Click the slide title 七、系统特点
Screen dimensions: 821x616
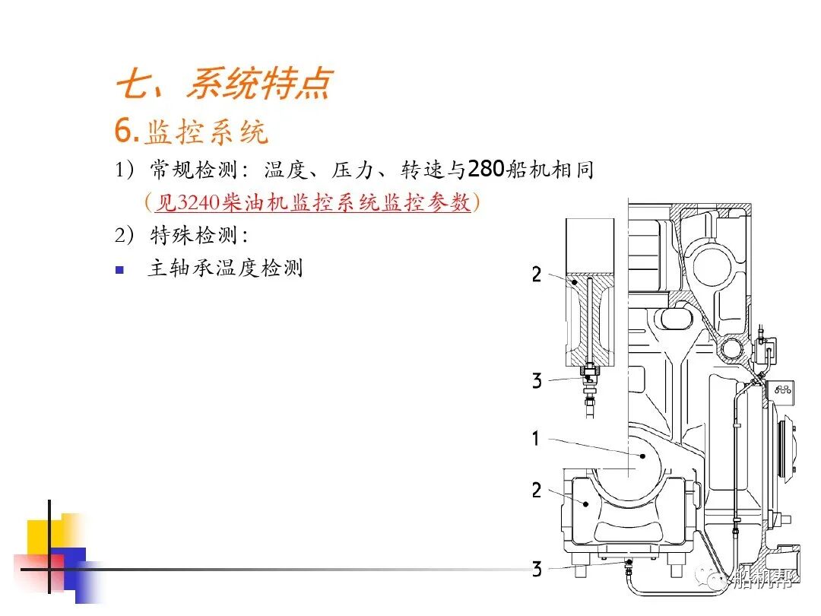223,84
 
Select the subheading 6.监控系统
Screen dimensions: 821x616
192,132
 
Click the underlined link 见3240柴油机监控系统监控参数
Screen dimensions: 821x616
312,202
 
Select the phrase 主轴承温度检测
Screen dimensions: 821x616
225,268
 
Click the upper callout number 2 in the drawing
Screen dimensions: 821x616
537,275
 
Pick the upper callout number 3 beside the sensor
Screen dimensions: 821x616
537,381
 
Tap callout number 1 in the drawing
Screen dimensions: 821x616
536,439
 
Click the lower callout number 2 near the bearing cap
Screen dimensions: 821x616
537,491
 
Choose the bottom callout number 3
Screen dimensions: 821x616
537,569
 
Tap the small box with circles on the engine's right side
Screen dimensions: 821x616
781,389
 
